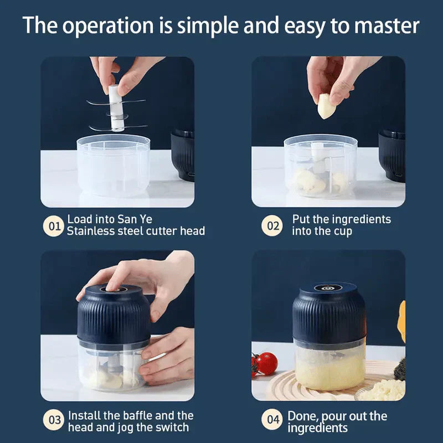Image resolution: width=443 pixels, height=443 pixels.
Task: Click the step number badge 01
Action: (54, 226)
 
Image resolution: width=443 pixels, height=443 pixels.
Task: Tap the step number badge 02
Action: (272, 226)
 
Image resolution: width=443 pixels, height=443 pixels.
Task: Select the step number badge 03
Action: (54, 421)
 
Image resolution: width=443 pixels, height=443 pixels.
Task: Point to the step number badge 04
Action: (272, 421)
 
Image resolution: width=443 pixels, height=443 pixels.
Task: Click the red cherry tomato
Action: (267, 363)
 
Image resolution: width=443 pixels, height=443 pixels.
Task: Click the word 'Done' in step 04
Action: (302, 415)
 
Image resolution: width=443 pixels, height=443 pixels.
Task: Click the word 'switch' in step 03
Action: (172, 427)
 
